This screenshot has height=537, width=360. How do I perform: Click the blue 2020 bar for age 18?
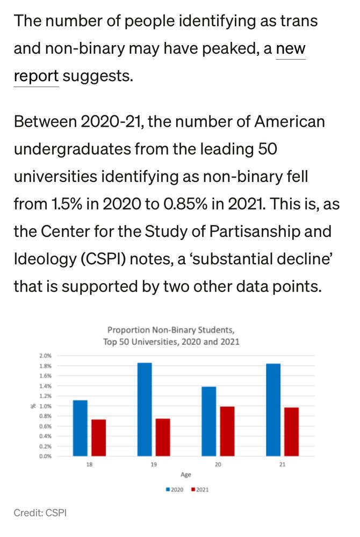pyautogui.click(x=80, y=428)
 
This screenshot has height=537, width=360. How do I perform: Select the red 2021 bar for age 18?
pyautogui.click(x=98, y=438)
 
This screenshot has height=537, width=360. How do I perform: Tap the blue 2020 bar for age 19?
pyautogui.click(x=145, y=409)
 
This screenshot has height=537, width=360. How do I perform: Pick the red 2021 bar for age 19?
pyautogui.click(x=163, y=437)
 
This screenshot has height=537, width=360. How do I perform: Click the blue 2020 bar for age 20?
pyautogui.click(x=209, y=421)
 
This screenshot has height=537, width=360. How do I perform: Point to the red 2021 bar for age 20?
pyautogui.click(x=227, y=431)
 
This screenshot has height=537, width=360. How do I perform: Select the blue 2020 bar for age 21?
pyautogui.click(x=273, y=410)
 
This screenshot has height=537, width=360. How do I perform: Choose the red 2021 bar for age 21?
pyautogui.click(x=291, y=432)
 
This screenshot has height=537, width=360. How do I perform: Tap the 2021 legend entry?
pyautogui.click(x=199, y=490)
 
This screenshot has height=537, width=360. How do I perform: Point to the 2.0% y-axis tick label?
pyautogui.click(x=45, y=356)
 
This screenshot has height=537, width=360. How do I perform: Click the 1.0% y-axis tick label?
pyautogui.click(x=45, y=406)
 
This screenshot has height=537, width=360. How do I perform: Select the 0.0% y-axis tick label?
pyautogui.click(x=45, y=456)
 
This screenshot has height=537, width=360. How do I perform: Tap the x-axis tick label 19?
pyautogui.click(x=154, y=465)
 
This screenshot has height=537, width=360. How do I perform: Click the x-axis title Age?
pyautogui.click(x=185, y=475)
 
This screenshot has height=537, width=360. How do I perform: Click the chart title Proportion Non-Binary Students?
pyautogui.click(x=171, y=330)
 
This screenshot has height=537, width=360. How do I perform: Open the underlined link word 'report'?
pyautogui.click(x=36, y=76)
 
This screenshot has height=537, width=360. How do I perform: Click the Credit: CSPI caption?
pyautogui.click(x=40, y=513)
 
